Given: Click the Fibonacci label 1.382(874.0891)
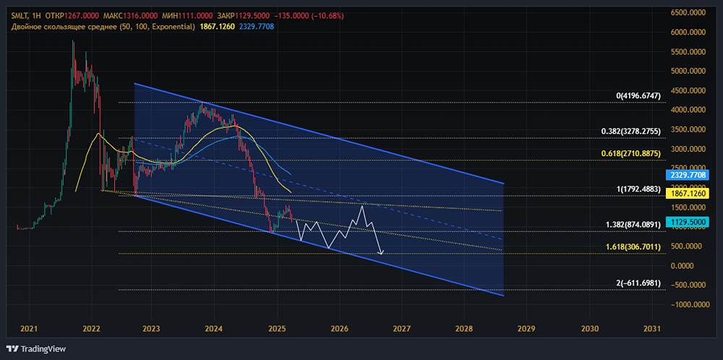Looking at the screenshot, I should pos(641,226).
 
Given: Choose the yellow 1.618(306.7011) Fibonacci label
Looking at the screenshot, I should pos(641,247).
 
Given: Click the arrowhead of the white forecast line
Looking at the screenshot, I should pos(381,253).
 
